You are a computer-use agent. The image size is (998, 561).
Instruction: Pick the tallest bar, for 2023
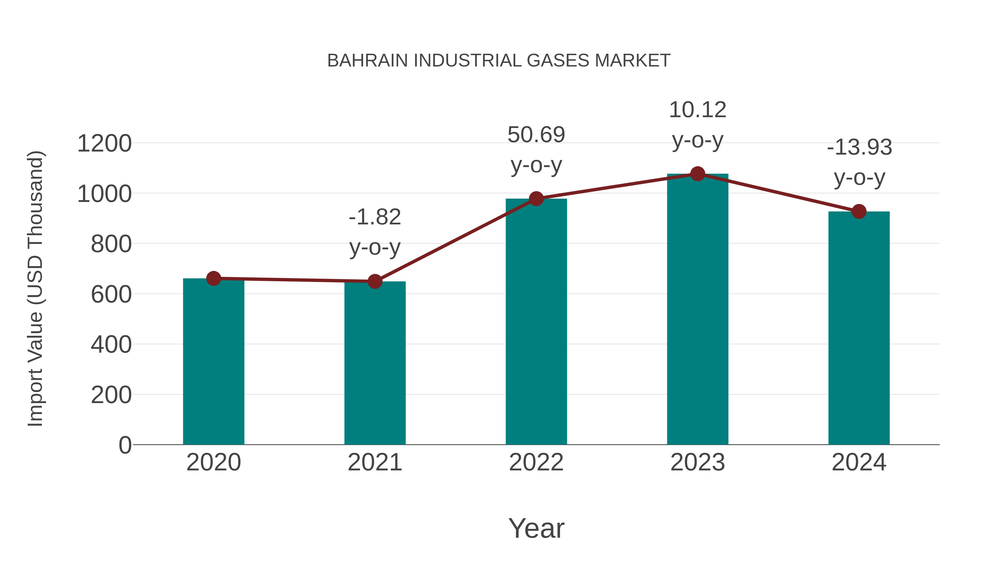(697, 310)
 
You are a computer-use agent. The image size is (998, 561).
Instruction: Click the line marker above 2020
(213, 278)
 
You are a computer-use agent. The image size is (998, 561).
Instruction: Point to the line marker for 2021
(375, 281)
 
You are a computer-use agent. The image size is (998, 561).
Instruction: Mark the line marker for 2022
(536, 199)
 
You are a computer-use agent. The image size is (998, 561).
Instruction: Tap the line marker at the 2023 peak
(697, 174)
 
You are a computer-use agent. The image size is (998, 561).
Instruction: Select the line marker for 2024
(859, 211)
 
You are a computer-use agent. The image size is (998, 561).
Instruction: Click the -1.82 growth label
(375, 217)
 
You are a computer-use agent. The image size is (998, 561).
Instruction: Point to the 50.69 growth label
(536, 135)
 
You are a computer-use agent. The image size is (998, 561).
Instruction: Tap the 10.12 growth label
(697, 110)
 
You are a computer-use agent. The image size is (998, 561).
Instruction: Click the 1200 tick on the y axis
(104, 144)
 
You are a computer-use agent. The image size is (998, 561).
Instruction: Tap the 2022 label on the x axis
(536, 462)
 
